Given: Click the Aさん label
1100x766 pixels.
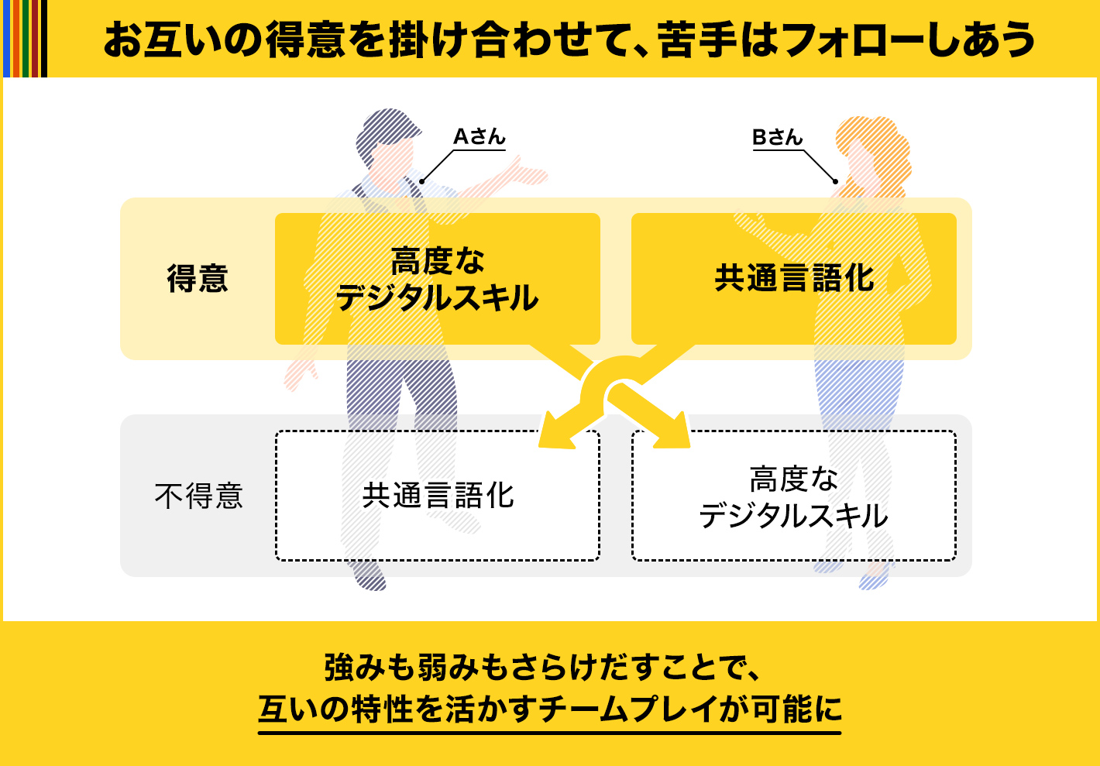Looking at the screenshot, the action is pos(479,136).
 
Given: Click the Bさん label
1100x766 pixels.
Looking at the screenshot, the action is pos(778,137).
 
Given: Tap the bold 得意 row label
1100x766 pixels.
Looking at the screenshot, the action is pos(198,278).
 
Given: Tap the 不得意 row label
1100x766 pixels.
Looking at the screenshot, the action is pos(198,496).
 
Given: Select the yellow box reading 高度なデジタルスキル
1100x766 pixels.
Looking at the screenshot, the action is pos(438,278).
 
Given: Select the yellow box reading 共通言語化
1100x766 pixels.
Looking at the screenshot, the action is pos(793,278).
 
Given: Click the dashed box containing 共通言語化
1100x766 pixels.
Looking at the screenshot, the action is pos(438,496).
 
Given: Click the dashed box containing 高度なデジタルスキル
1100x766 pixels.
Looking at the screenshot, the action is pos(793,496).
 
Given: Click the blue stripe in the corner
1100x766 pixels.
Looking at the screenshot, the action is pos(7,38).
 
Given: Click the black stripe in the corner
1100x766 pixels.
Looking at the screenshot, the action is pos(44,38).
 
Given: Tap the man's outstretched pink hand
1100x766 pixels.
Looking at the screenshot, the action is pos(525,173).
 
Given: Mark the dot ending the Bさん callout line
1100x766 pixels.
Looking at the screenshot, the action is pos(835,182).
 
